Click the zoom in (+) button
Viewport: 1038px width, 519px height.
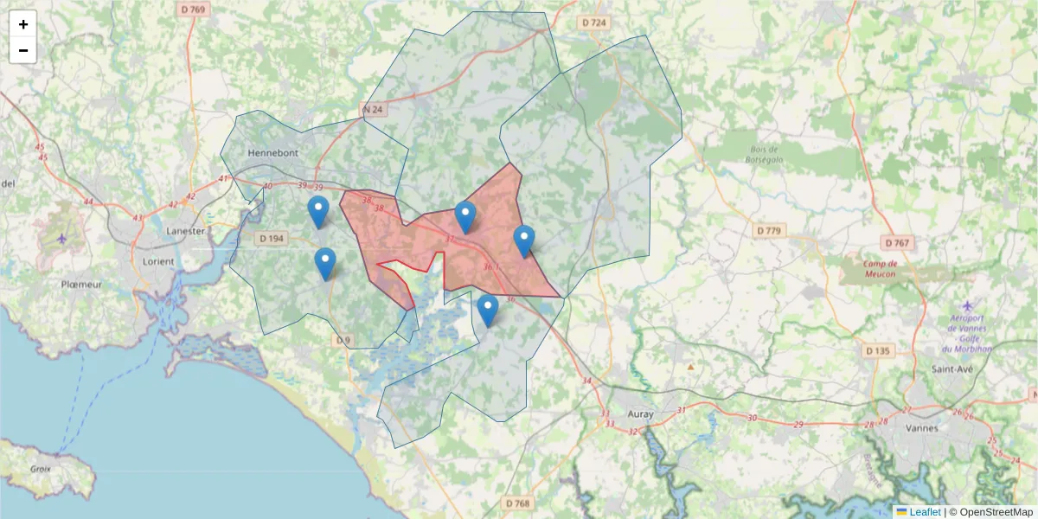pyautogui.click(x=23, y=24)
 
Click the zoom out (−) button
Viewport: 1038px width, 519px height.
pyautogui.click(x=23, y=50)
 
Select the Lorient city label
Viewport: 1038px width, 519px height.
pyautogui.click(x=155, y=261)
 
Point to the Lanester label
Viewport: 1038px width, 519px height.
pyautogui.click(x=185, y=231)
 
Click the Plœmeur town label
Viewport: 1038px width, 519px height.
pyautogui.click(x=81, y=284)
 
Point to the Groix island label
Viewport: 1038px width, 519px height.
pyautogui.click(x=41, y=469)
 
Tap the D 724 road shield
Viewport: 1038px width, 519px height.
pyautogui.click(x=594, y=22)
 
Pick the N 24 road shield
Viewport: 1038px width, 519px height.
pyautogui.click(x=373, y=110)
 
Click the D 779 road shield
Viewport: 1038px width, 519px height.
pyautogui.click(x=768, y=231)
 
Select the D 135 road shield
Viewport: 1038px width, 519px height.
pyautogui.click(x=877, y=351)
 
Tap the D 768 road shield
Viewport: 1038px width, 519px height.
pyautogui.click(x=516, y=503)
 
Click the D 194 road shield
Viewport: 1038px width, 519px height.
pyautogui.click(x=272, y=239)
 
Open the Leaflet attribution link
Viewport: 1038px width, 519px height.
pyautogui.click(x=924, y=512)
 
